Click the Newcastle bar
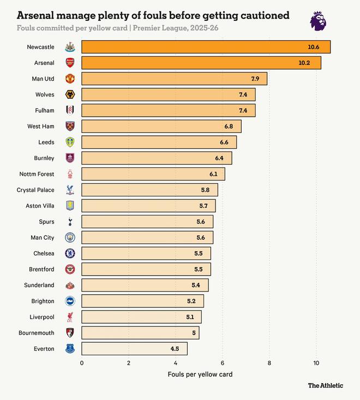point(206,47)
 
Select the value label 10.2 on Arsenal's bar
point(304,63)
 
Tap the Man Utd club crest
point(70,78)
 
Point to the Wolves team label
point(45,95)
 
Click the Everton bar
point(134,348)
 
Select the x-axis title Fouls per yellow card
point(200,374)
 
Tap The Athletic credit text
point(325,385)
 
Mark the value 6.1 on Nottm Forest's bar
point(213,174)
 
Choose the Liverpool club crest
point(70,317)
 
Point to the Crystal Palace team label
point(36,190)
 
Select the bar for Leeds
point(159,142)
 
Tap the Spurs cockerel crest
point(70,221)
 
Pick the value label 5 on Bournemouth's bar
point(194,332)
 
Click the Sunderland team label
point(39,285)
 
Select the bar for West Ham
point(161,126)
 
